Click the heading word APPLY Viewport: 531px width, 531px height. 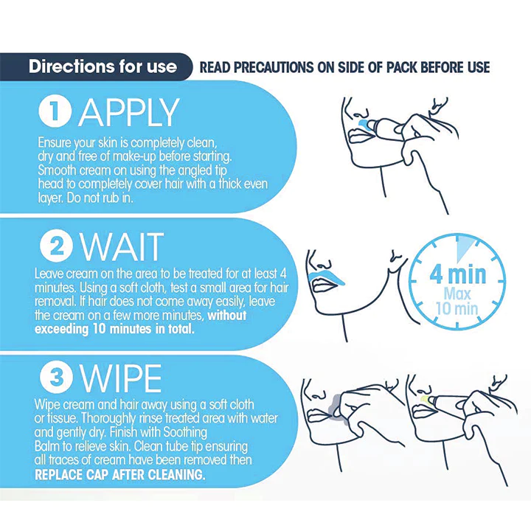click(129, 112)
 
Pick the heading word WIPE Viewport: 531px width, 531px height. click(121, 379)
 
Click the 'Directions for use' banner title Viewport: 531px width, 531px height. click(103, 66)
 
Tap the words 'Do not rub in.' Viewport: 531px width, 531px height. click(111, 197)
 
